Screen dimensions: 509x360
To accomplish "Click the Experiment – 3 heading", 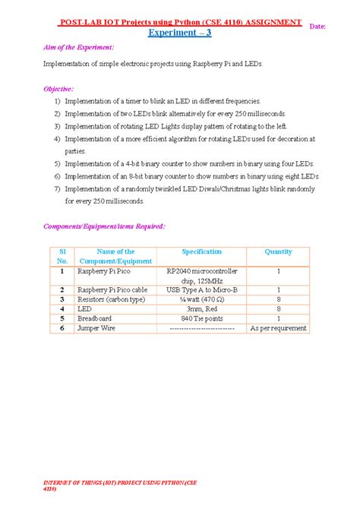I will (179, 33).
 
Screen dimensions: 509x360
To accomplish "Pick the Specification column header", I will (201, 251).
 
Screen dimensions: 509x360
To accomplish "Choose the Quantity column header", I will (278, 251).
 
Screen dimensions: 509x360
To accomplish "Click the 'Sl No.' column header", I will (63, 256).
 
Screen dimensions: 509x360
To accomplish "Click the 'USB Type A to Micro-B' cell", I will (201, 289).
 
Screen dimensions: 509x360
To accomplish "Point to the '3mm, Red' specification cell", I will (201, 309).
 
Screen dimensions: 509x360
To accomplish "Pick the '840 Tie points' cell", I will (201, 319).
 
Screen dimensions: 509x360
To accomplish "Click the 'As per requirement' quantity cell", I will (278, 328).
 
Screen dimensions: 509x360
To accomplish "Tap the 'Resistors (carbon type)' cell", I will (112, 299).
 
